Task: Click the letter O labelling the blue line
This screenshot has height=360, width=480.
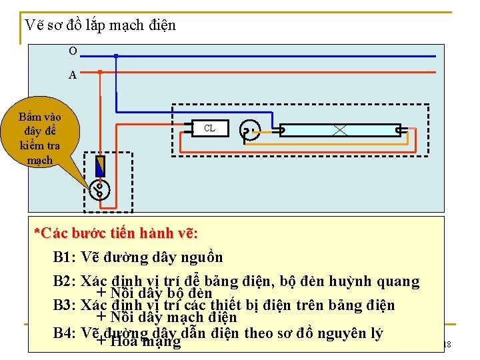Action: [x=72, y=51]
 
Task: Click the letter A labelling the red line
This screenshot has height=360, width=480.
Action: [x=72, y=75]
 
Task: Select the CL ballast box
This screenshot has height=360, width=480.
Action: [x=209, y=128]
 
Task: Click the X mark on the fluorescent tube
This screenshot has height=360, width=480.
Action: [x=339, y=130]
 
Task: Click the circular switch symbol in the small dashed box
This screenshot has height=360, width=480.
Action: [x=100, y=190]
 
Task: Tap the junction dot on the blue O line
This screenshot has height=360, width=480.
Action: [x=116, y=57]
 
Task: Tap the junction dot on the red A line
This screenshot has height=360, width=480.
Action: [x=100, y=71]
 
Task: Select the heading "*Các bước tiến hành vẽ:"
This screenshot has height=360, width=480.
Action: [x=116, y=234]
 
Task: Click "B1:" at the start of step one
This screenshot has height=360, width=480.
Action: [x=65, y=257]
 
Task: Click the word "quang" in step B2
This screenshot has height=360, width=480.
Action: [x=397, y=282]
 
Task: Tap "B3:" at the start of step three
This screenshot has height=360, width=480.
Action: [x=65, y=306]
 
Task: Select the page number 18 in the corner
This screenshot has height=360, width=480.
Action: [x=447, y=344]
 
